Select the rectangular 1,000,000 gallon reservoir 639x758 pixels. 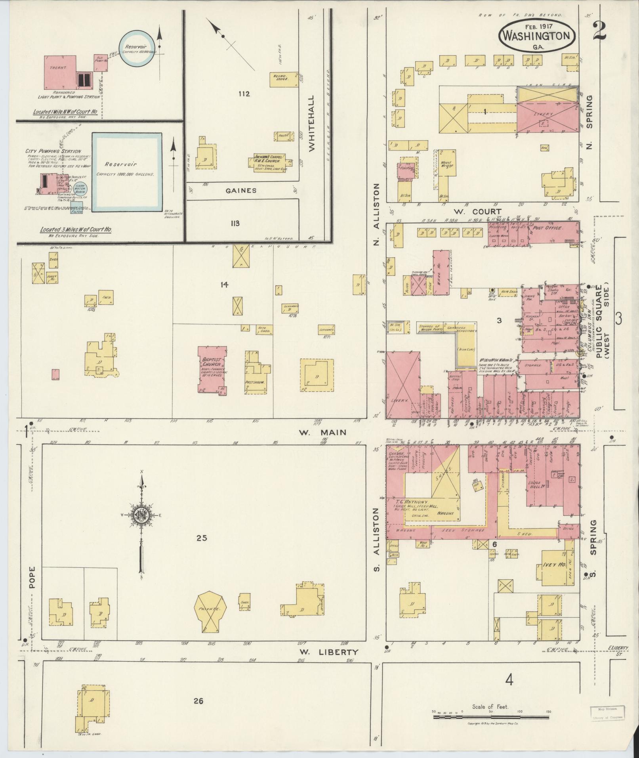[127, 171]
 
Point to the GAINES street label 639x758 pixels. [241, 191]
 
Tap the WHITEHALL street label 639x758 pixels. [311, 123]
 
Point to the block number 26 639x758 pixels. [198, 701]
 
